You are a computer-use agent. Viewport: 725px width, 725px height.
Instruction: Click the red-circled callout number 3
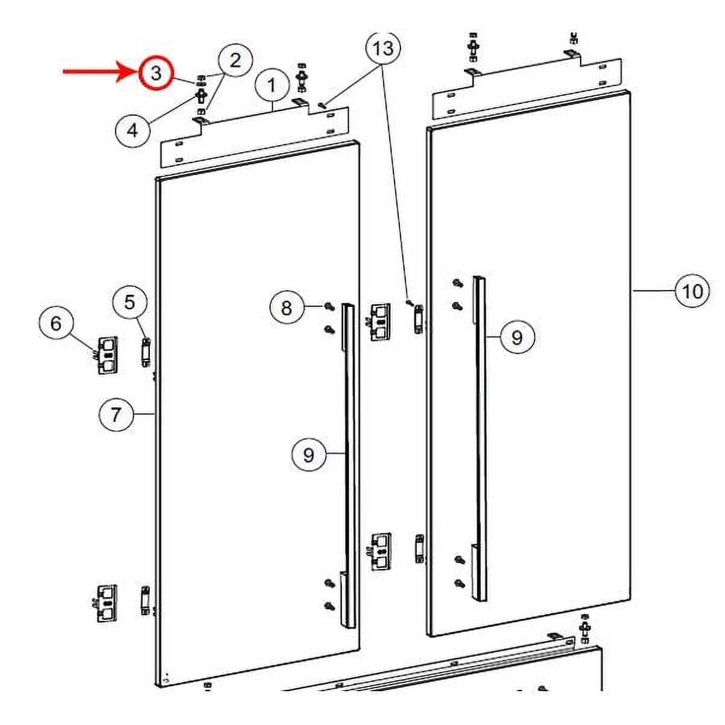[156, 73]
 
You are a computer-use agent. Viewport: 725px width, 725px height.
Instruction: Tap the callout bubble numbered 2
[235, 60]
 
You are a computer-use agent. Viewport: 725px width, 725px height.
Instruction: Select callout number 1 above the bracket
[272, 85]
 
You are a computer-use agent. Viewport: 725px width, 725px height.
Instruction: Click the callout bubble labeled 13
[383, 47]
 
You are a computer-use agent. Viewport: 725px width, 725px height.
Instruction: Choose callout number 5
[130, 301]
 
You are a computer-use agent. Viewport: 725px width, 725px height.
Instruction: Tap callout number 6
[56, 323]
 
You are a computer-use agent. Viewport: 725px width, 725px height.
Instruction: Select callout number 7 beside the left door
[116, 414]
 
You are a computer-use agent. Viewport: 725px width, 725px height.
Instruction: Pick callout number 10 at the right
[692, 291]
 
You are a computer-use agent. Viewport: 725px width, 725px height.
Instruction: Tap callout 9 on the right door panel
[517, 337]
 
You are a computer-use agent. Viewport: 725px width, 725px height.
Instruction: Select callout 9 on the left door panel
[309, 454]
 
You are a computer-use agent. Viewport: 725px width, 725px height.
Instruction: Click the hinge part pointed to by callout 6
[108, 355]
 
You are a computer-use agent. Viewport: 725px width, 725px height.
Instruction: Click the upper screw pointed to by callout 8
[329, 306]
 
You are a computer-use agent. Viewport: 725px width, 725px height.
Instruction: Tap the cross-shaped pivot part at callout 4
[201, 95]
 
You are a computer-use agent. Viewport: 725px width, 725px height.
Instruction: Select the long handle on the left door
[349, 465]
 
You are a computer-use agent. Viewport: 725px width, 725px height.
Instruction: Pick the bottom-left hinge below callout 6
[106, 602]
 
